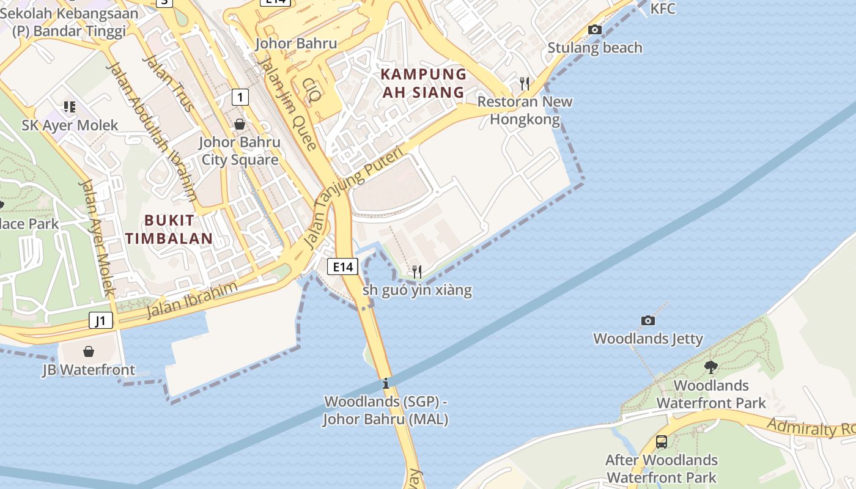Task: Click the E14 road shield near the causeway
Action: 342,267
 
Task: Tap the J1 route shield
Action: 101,320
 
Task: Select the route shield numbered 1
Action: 240,97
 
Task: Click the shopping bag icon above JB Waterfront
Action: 89,351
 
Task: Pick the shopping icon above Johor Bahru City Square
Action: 240,124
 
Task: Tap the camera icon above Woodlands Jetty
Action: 648,320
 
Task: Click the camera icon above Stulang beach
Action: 594,29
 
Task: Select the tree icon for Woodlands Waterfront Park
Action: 710,367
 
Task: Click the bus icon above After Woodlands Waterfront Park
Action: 661,441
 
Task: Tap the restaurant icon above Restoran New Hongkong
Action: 524,83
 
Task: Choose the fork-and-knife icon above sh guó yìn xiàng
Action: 417,271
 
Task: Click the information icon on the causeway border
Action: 386,384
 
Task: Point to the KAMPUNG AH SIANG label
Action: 424,84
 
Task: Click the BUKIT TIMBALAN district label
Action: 169,229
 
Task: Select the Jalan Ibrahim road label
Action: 191,300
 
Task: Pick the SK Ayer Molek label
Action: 70,126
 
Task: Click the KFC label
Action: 663,9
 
